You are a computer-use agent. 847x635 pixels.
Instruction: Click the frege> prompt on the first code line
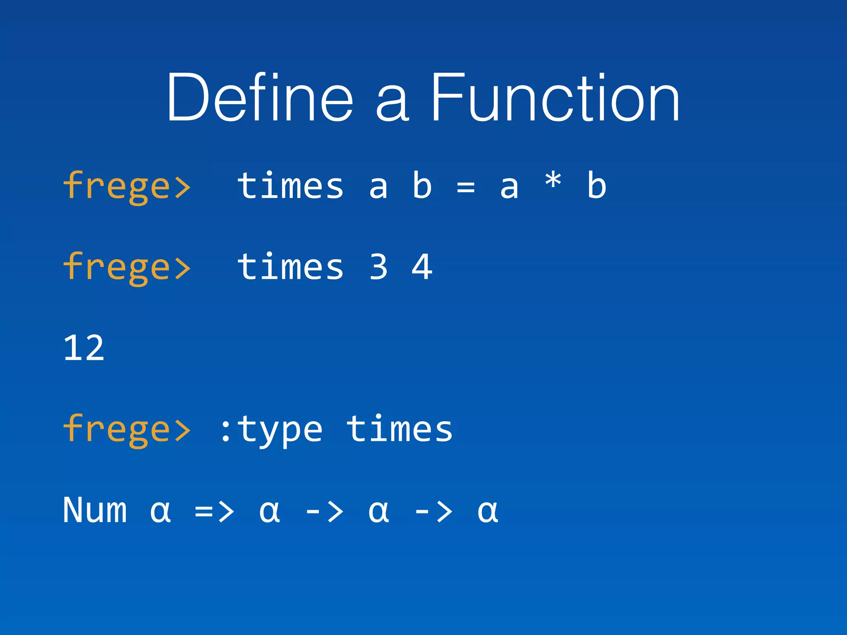[x=127, y=186]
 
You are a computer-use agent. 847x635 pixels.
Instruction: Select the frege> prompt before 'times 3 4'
[x=127, y=267]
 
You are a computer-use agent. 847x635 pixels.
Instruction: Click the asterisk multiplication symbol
[x=553, y=182]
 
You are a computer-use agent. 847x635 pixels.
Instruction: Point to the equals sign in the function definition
[x=466, y=187]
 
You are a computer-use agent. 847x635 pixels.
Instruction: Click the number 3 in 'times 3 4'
[x=378, y=267]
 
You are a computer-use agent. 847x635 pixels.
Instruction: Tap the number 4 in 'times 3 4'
[x=422, y=267]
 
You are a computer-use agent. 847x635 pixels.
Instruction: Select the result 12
[x=84, y=348]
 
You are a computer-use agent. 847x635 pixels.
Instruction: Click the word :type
[x=271, y=430]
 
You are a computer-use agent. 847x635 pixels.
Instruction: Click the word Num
[x=95, y=510]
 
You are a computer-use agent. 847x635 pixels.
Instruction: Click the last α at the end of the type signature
[x=488, y=512]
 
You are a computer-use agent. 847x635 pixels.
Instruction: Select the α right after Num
[x=160, y=512]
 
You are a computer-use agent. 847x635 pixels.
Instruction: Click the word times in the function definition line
[x=290, y=186]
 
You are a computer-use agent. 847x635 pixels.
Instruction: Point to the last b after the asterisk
[x=596, y=186]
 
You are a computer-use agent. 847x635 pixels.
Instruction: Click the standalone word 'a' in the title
[x=392, y=104]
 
